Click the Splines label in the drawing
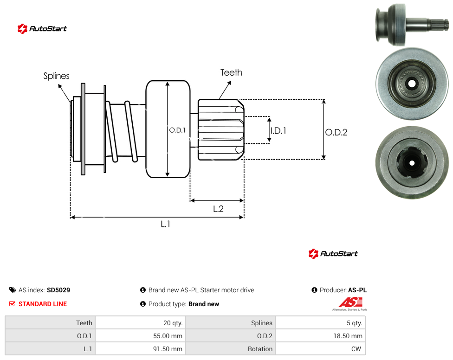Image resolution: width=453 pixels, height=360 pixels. click(56, 76)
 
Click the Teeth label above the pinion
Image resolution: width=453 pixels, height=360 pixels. click(231, 72)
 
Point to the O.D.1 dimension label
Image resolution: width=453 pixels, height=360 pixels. click(177, 130)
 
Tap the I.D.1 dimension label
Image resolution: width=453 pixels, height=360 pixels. click(278, 131)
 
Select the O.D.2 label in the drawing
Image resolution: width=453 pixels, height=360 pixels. click(337, 132)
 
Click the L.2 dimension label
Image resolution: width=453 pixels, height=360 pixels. click(218, 209)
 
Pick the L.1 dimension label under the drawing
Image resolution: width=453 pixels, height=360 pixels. click(165, 224)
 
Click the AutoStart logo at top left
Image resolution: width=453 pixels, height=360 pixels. click(42, 29)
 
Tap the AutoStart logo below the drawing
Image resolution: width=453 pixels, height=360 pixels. click(333, 253)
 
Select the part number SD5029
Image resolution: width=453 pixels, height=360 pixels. click(58, 290)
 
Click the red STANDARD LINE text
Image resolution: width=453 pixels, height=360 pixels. click(43, 304)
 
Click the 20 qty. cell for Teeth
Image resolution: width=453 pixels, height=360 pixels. click(141, 323)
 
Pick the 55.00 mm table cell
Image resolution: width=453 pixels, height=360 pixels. click(141, 336)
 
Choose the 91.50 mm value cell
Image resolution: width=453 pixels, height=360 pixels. click(141, 349)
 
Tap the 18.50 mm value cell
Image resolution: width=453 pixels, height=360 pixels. click(320, 336)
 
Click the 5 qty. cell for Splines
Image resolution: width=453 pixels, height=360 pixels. click(320, 323)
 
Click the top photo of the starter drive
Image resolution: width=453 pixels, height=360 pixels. click(412, 25)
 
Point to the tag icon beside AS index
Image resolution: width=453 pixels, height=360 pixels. click(13, 290)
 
